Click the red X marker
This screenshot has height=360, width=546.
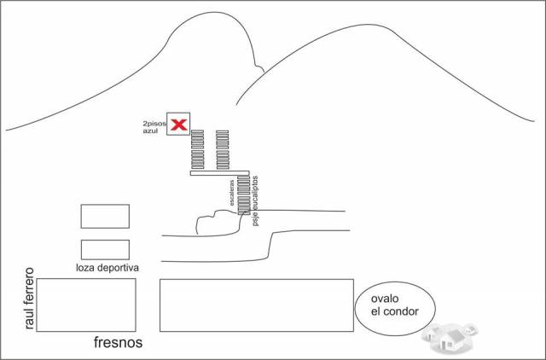[x=179, y=125]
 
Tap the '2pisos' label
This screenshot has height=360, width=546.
[x=154, y=123]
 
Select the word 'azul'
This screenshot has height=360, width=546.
[x=150, y=131]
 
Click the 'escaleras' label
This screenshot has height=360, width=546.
[x=232, y=193]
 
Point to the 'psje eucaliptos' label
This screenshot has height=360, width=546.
[x=256, y=200]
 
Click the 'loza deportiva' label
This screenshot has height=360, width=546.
[x=107, y=268]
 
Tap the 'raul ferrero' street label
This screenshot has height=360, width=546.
[x=30, y=299]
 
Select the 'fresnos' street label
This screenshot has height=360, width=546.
[x=118, y=343]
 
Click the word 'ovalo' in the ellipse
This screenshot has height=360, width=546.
[x=385, y=299]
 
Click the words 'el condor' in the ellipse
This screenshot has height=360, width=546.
[x=394, y=311]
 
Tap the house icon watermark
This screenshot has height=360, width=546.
[x=450, y=337]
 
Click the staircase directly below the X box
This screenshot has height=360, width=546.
[x=197, y=149]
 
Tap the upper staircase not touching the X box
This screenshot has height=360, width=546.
[x=223, y=149]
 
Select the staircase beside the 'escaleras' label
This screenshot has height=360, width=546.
[x=244, y=195]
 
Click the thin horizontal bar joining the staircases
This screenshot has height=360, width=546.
[x=220, y=173]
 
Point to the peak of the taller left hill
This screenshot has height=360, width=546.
[x=212, y=13]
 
